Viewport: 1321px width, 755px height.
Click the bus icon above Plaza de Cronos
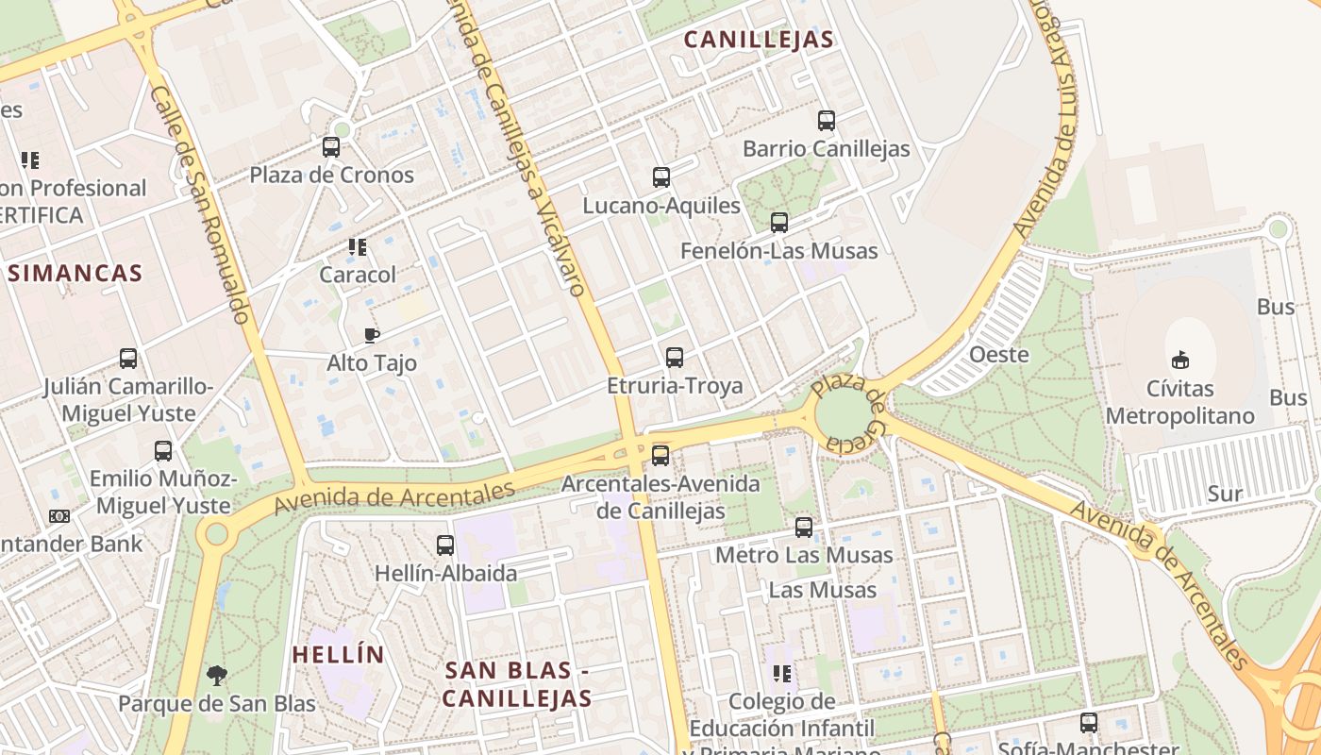(x=331, y=147)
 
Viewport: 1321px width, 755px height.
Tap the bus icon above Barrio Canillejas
(x=827, y=121)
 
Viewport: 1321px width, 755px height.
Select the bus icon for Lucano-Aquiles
(x=661, y=177)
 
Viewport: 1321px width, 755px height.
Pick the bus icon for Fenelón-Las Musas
(x=779, y=223)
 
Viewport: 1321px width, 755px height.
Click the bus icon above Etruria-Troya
(x=675, y=358)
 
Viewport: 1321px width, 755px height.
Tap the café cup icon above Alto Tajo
(x=372, y=335)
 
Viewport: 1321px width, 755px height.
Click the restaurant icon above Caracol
(x=358, y=247)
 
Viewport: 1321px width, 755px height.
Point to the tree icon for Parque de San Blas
(x=217, y=676)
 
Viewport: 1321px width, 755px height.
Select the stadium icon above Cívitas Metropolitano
(x=1179, y=360)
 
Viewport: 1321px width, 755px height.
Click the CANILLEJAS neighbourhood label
(x=759, y=40)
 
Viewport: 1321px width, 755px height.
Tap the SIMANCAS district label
(x=75, y=274)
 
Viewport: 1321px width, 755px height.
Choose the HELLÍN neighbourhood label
(x=338, y=654)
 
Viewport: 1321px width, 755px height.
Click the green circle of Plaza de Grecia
(x=844, y=414)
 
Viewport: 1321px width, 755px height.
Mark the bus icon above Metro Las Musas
(x=804, y=528)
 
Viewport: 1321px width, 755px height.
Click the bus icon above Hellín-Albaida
(x=445, y=545)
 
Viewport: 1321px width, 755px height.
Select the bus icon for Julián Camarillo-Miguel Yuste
(x=128, y=359)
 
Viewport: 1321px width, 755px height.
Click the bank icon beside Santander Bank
(x=59, y=516)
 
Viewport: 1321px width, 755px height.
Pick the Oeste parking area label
(x=999, y=355)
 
